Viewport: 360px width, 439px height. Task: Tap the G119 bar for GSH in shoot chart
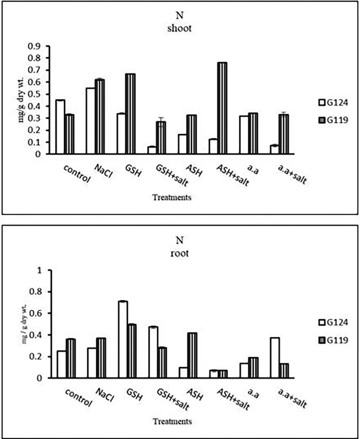click(130, 114)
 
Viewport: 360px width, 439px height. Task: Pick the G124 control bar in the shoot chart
click(60, 127)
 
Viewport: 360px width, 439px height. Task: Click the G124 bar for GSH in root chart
click(123, 340)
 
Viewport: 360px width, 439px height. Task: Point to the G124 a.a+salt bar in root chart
click(275, 358)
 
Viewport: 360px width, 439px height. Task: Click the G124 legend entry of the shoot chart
click(333, 102)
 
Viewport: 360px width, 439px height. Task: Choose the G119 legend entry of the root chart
click(333, 340)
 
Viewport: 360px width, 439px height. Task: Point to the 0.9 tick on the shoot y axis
click(40, 46)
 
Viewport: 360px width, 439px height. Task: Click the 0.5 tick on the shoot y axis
click(40, 94)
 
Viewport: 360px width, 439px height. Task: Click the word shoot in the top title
click(179, 28)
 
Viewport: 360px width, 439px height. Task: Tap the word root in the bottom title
click(179, 253)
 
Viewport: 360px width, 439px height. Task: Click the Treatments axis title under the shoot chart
click(172, 197)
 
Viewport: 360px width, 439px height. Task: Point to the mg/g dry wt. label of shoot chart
click(21, 100)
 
